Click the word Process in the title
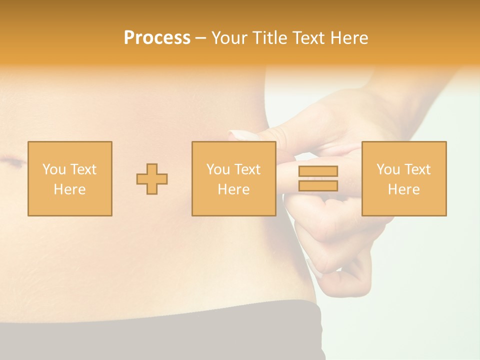pos(157,38)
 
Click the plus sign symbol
pos(152,178)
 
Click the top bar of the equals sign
pos(318,171)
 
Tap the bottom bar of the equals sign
pos(318,185)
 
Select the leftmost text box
pos(69,178)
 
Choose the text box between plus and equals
pos(233,178)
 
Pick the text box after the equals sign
pos(403,178)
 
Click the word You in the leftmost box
pos(54,169)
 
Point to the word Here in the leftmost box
pos(69,189)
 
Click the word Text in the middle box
pos(247,169)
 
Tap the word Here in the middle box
pos(233,189)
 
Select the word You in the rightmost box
pos(388,169)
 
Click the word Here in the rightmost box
pos(403,189)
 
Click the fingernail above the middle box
pos(242,135)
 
